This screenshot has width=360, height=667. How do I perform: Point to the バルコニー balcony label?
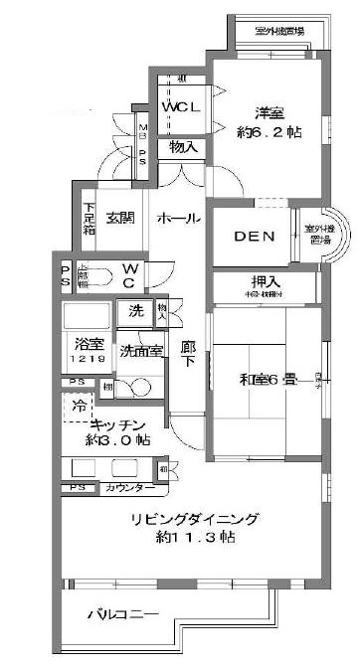123,614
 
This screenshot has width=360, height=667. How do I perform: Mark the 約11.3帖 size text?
195,538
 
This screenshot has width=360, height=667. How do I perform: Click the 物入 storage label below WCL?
183,147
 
